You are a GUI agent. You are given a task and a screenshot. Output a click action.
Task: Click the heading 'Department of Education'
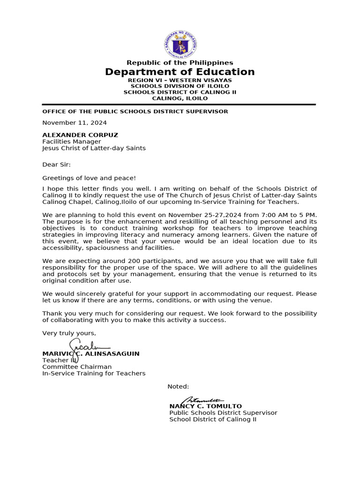(180, 72)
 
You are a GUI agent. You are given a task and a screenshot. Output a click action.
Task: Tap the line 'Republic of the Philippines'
(180, 63)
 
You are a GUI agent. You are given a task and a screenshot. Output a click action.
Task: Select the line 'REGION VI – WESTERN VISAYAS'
(180, 80)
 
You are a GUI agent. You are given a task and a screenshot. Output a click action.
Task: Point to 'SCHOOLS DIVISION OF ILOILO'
(180, 86)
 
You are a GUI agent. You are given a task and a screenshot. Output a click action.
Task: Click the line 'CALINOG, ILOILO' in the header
(180, 98)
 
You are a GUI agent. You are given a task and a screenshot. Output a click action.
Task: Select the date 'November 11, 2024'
(75, 123)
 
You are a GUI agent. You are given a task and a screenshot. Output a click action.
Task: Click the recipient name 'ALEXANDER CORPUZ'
(80, 135)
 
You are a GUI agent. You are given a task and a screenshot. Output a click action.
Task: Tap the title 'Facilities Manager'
(71, 142)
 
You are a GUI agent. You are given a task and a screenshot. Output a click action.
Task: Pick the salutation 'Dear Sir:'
(56, 165)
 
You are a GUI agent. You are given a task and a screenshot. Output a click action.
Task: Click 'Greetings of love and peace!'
(89, 178)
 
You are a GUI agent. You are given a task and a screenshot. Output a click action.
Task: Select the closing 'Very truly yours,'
(69, 333)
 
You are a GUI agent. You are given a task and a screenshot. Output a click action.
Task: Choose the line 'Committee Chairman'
(77, 367)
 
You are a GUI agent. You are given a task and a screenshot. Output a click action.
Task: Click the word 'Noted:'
(178, 387)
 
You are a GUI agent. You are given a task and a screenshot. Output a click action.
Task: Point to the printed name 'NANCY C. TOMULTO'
(205, 406)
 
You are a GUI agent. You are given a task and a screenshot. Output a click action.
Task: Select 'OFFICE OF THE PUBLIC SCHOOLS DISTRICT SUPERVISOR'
(135, 112)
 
